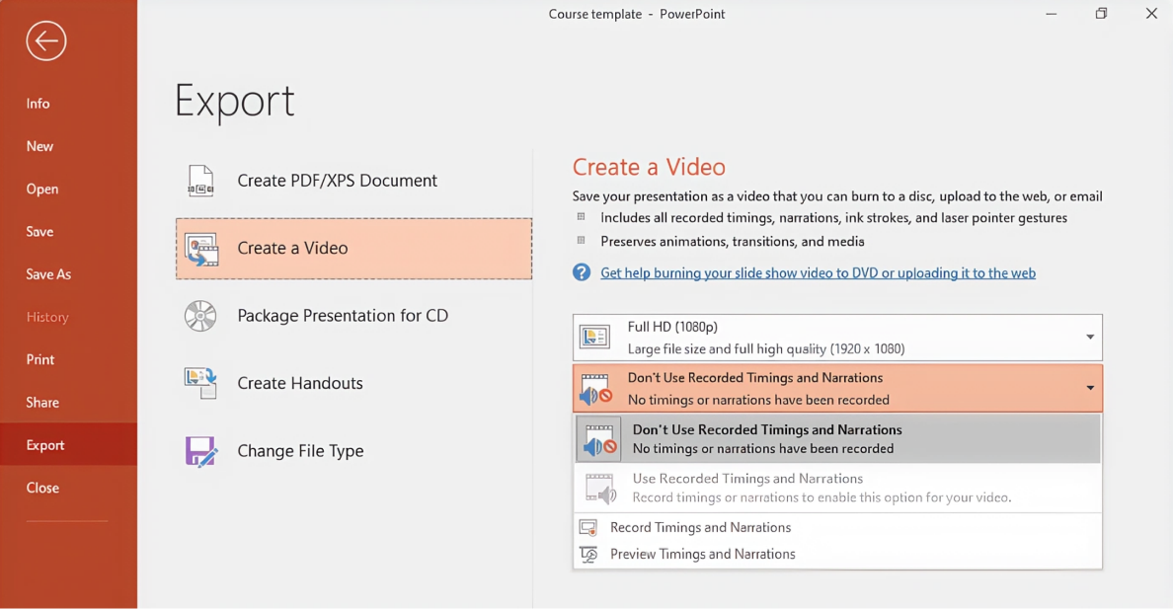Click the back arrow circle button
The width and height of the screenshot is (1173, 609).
coord(45,41)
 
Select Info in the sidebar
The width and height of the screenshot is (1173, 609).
coord(39,104)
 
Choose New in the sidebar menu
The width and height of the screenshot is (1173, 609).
coord(39,146)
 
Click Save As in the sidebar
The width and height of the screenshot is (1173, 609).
coord(48,274)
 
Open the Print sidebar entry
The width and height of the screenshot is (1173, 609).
coord(40,359)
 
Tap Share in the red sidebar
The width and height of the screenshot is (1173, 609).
coord(42,403)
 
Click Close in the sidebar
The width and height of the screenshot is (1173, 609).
coord(42,488)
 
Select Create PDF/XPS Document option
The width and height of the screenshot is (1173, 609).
coord(337,181)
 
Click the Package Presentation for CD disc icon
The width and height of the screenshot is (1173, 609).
coord(200,316)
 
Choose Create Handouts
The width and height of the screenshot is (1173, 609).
coord(300,383)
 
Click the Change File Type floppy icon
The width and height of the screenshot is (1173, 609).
coord(200,451)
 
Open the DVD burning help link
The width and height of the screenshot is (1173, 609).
coord(818,273)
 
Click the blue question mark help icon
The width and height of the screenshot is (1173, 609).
coord(582,272)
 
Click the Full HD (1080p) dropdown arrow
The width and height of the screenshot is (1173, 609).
coord(1090,338)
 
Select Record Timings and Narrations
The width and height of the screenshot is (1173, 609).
coord(700,527)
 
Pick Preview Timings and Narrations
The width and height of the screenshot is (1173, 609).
coord(702,554)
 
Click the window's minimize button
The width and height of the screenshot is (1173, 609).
coord(1052,14)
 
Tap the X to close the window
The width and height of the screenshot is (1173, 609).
coord(1151,14)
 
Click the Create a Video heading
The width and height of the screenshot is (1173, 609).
coord(649,167)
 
